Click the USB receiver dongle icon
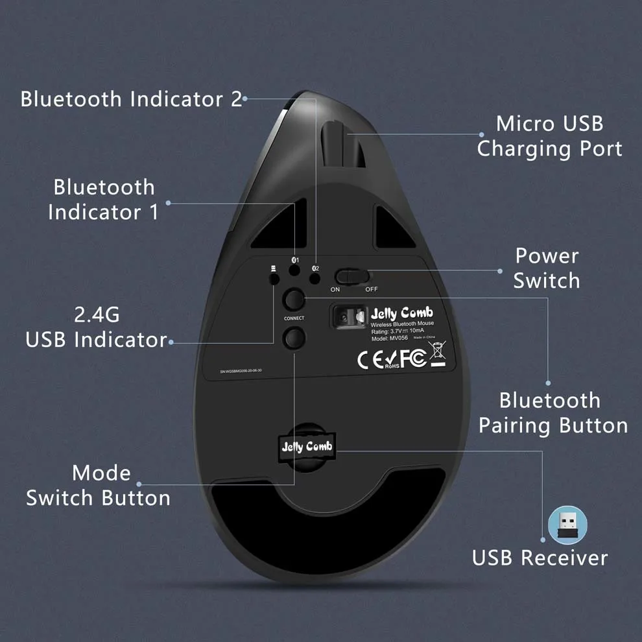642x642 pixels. [x=567, y=525]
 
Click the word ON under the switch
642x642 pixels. [x=335, y=289]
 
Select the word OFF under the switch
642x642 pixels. [x=371, y=289]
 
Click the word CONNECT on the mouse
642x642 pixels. [x=294, y=318]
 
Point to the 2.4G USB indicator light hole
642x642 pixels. [x=274, y=278]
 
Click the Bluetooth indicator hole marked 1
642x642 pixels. [x=295, y=276]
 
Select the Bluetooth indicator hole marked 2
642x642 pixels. [x=315, y=278]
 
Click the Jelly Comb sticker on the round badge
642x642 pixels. [x=307, y=446]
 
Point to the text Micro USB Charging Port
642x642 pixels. [x=549, y=136]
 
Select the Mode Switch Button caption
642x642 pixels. [x=99, y=485]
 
